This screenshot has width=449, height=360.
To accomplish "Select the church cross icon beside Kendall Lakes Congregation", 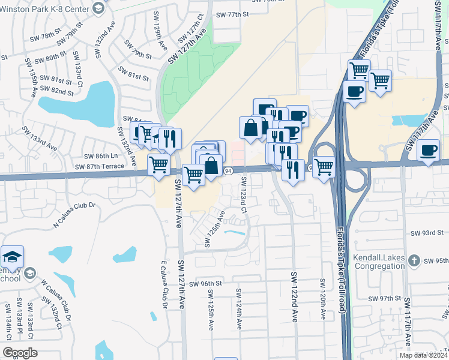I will (413, 260).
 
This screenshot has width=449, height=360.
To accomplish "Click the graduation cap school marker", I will (12, 257).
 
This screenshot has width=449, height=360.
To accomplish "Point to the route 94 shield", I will (228, 171).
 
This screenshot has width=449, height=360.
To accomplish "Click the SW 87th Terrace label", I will (100, 166).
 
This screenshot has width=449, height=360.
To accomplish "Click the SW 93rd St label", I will (427, 232).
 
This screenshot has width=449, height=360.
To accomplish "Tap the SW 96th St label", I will (205, 284).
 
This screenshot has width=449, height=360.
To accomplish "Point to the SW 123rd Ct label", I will (244, 194).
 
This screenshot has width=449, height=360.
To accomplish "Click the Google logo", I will (20, 353).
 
